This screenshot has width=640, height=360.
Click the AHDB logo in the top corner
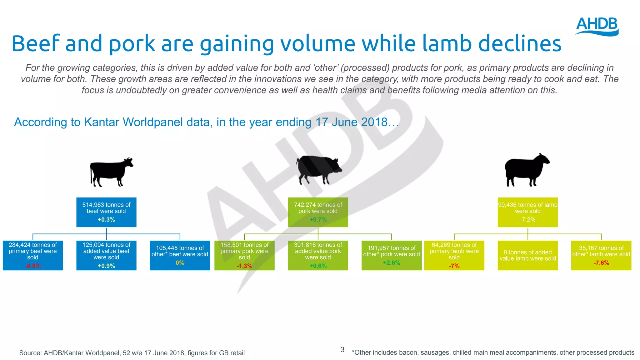pyautogui.click(x=597, y=27)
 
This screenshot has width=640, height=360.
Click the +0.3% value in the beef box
pyautogui.click(x=106, y=220)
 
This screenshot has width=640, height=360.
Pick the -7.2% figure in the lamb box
pyautogui.click(x=527, y=220)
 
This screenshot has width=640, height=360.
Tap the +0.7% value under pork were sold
pyautogui.click(x=318, y=220)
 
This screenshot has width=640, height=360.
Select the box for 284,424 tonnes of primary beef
pyautogui.click(x=33, y=255)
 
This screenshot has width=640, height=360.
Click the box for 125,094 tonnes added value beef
pyautogui.click(x=106, y=255)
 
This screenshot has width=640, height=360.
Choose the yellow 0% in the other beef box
pyautogui.click(x=180, y=263)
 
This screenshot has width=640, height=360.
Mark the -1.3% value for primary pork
pyautogui.click(x=244, y=266)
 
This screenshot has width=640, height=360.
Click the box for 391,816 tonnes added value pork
pyautogui.click(x=318, y=255)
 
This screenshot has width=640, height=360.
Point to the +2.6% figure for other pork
pyautogui.click(x=391, y=263)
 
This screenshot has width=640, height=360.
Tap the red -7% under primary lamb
pyautogui.click(x=454, y=266)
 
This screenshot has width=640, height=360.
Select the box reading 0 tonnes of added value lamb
pyautogui.click(x=527, y=255)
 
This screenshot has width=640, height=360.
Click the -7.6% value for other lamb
pyautogui.click(x=601, y=263)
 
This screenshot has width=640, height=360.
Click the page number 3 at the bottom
pyautogui.click(x=342, y=350)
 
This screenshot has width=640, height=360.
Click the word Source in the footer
pyautogui.click(x=30, y=353)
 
